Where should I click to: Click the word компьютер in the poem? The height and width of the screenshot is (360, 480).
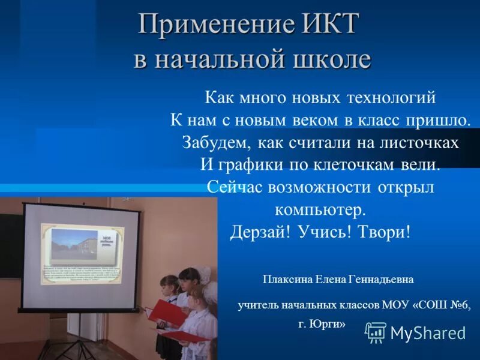click(320, 210)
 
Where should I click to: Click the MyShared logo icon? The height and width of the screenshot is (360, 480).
click(376, 332)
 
